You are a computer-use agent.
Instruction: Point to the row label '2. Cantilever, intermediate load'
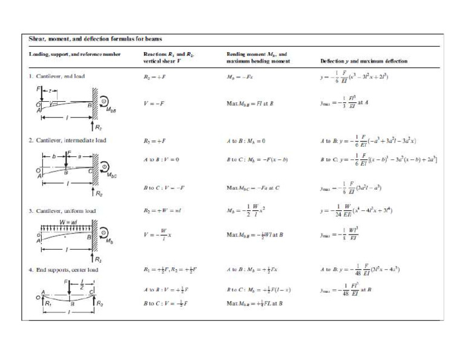pyautogui.click(x=68, y=140)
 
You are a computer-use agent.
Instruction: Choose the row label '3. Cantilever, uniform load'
pyautogui.click(x=62, y=211)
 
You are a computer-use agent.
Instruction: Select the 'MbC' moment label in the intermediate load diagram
pyautogui.click(x=113, y=176)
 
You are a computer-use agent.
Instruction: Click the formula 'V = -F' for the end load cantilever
pyautogui.click(x=153, y=104)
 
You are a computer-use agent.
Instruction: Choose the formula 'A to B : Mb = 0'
pyautogui.click(x=245, y=141)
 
